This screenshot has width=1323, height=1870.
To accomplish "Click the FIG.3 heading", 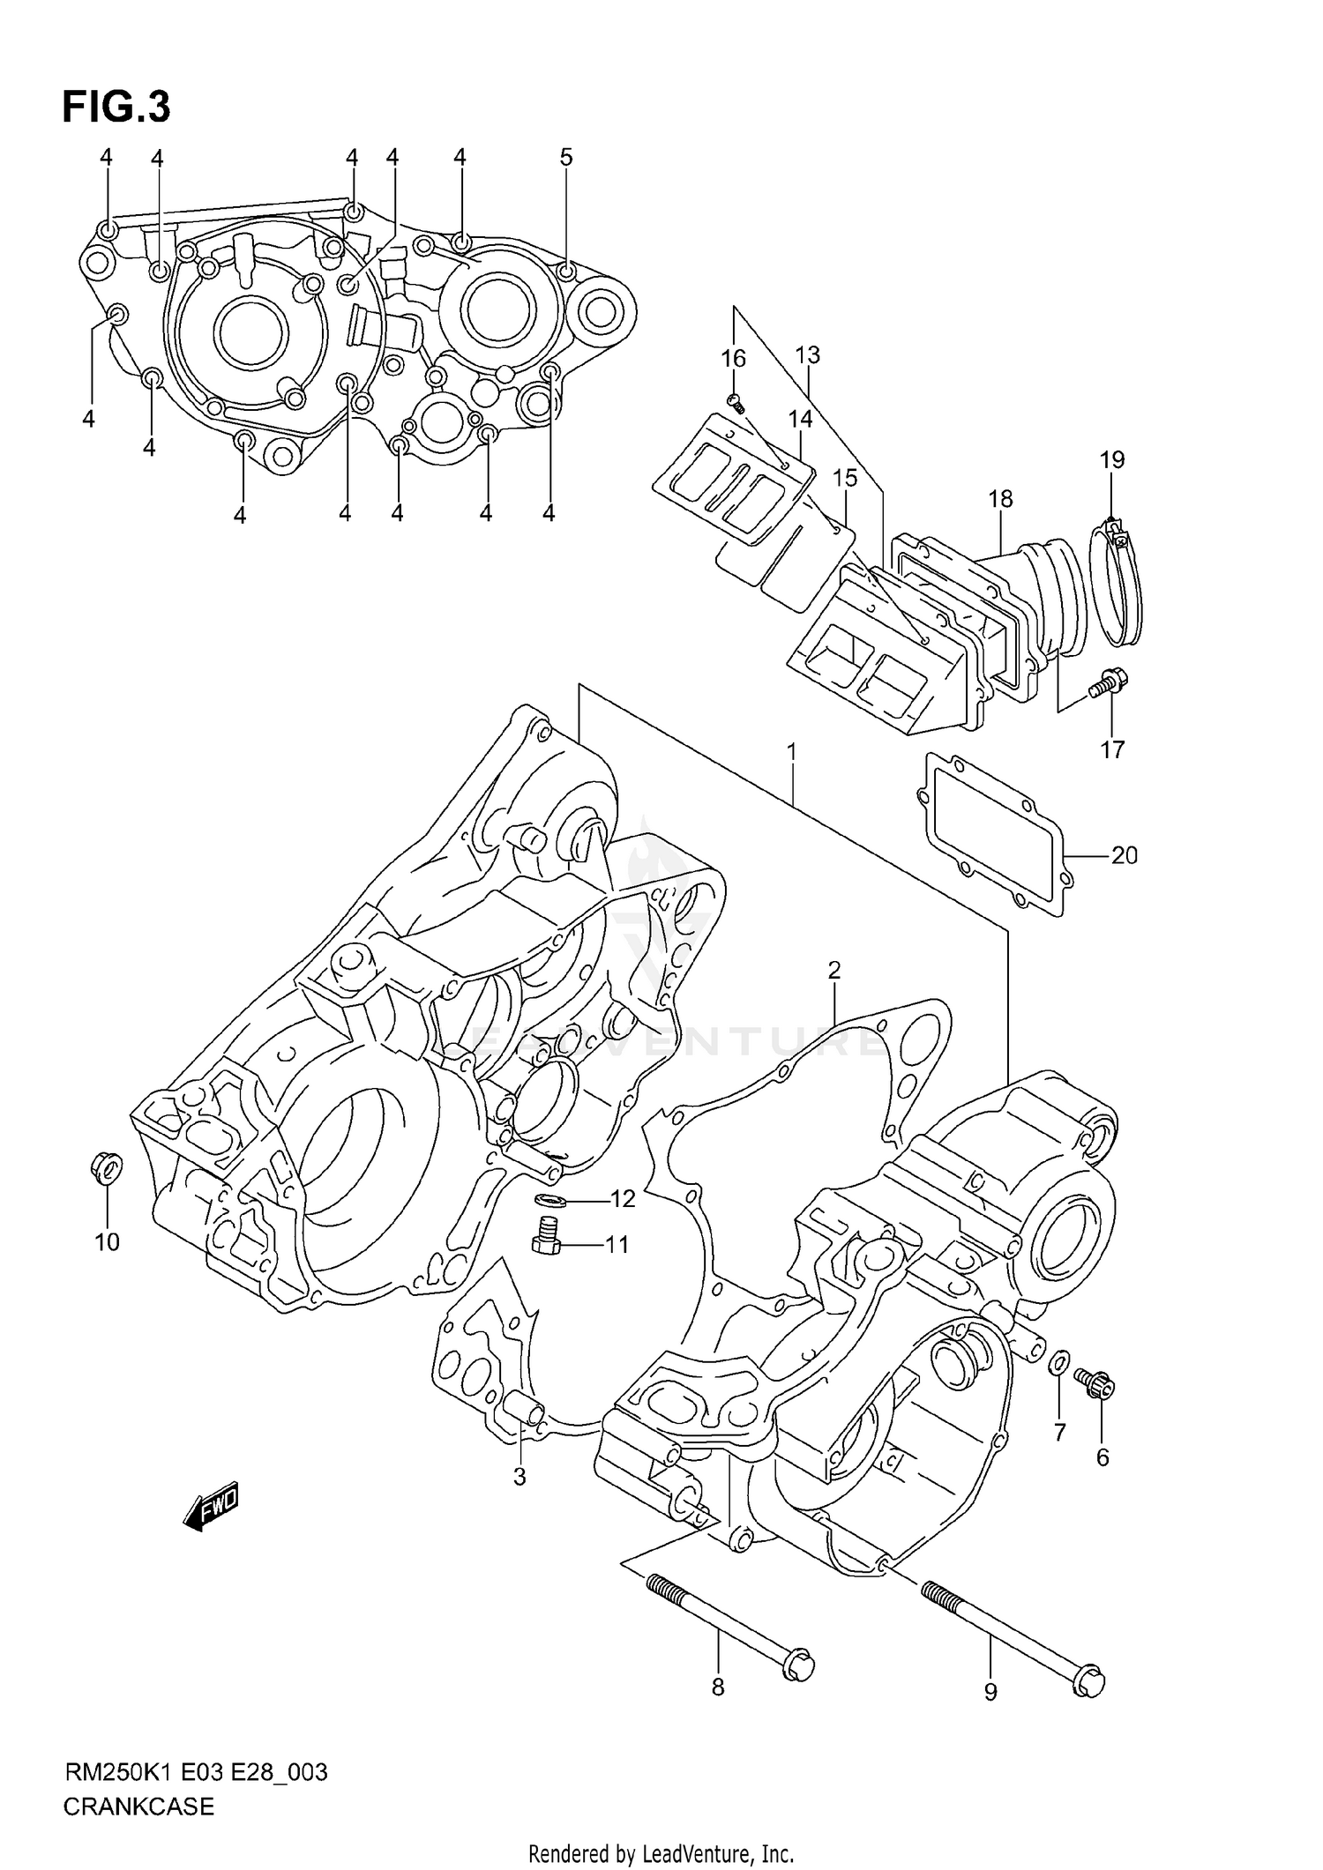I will [x=116, y=108].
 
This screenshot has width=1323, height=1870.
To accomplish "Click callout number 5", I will [x=566, y=158].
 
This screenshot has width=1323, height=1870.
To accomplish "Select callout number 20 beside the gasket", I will [x=1124, y=855].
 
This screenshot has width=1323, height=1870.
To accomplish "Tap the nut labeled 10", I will [x=107, y=1169].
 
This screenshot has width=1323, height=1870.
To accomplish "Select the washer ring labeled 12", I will [x=550, y=1200].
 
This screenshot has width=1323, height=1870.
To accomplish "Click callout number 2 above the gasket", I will [x=833, y=971].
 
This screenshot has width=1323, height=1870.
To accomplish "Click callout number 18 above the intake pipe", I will [x=1000, y=499].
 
